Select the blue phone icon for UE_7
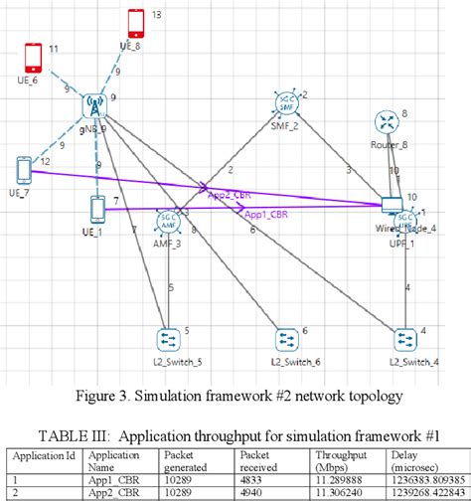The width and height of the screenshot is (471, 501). click(24, 170)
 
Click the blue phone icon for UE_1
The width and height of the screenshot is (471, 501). click(96, 209)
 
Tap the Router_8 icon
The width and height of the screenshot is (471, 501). click(386, 122)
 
